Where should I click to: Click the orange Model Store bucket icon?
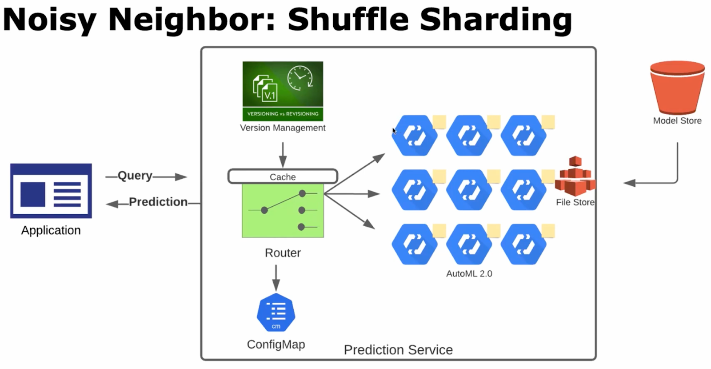[677, 87]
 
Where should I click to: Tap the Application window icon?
[51, 191]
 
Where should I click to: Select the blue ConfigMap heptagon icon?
[276, 313]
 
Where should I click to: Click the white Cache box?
[283, 176]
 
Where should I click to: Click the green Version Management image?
[283, 91]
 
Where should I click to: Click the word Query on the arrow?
[135, 176]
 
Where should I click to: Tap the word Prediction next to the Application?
[158, 202]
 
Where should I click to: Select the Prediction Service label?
[398, 350]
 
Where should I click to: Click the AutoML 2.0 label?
[469, 274]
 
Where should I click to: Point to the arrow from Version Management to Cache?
[283, 155]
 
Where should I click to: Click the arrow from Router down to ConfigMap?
[276, 278]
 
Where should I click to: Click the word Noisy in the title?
[49, 20]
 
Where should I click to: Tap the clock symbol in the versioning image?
[300, 78]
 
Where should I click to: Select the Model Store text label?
[677, 120]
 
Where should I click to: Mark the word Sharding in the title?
[495, 20]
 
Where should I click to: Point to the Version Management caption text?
[283, 128]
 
